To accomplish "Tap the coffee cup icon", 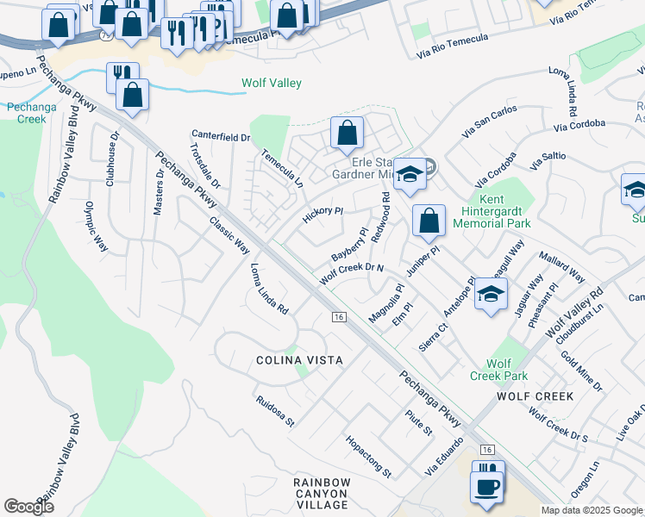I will click(487, 484).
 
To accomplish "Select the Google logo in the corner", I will click(28, 507).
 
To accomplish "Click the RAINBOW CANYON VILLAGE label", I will click(320, 494).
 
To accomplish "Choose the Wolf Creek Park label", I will click(499, 370).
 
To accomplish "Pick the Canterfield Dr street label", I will click(221, 136).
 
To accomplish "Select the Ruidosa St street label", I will click(275, 412).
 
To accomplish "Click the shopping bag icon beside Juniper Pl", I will click(429, 221).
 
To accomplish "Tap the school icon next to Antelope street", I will click(491, 295).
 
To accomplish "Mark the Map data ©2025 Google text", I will click(591, 510).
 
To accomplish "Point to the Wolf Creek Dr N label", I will click(351, 273).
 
